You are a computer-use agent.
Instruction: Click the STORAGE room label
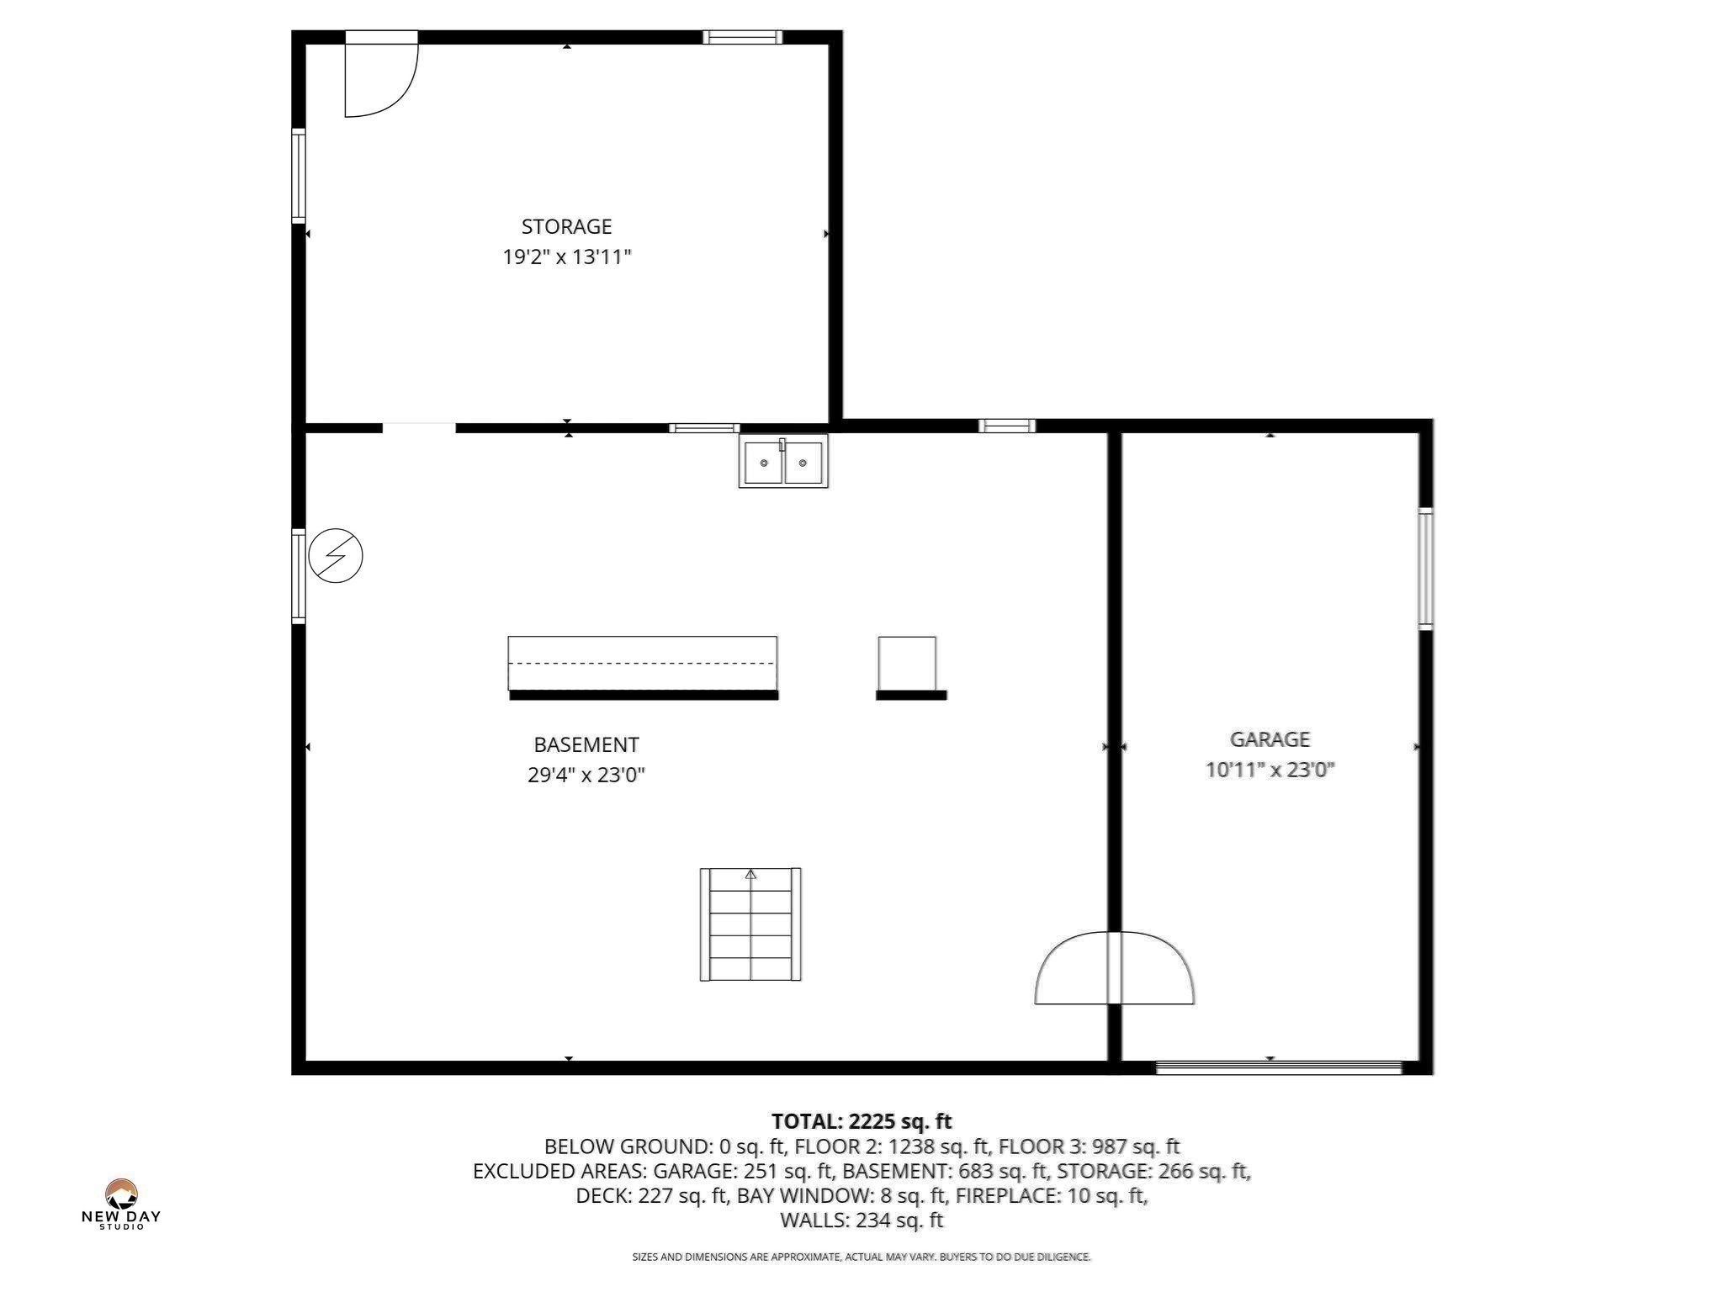pyautogui.click(x=566, y=226)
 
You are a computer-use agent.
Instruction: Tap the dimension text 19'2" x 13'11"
pyautogui.click(x=566, y=257)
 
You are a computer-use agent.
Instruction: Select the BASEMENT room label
pyautogui.click(x=586, y=744)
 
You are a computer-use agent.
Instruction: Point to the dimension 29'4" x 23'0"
pyautogui.click(x=586, y=775)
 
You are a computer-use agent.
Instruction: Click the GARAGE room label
pyautogui.click(x=1270, y=739)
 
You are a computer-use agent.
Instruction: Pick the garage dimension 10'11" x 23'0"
pyautogui.click(x=1270, y=770)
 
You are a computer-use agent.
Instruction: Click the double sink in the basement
pyautogui.click(x=783, y=462)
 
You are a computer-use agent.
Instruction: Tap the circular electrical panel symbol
pyautogui.click(x=336, y=556)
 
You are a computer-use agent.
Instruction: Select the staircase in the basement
pyautogui.click(x=750, y=925)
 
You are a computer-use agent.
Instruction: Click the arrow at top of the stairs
pyautogui.click(x=750, y=875)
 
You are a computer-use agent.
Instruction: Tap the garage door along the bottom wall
pyautogui.click(x=1278, y=1067)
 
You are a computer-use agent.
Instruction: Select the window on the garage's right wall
pyautogui.click(x=1425, y=569)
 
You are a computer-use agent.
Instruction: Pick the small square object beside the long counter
pyautogui.click(x=907, y=663)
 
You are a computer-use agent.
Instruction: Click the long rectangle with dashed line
pyautogui.click(x=642, y=663)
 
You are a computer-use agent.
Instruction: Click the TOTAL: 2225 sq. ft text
pyautogui.click(x=861, y=1121)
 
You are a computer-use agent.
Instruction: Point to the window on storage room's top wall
pyautogui.click(x=742, y=37)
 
